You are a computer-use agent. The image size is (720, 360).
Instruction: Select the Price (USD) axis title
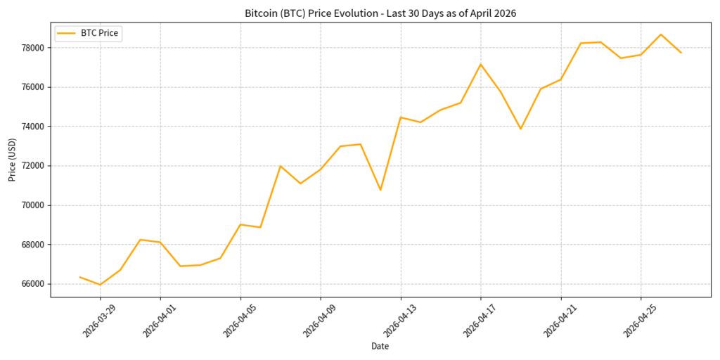12,160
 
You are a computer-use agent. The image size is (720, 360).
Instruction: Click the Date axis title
380,346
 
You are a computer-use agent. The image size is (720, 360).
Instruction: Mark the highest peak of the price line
661,34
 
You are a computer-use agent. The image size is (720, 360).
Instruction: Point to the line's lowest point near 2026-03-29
100,285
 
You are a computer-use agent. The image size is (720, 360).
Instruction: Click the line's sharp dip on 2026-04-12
380,190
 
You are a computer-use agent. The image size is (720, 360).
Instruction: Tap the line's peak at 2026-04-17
481,65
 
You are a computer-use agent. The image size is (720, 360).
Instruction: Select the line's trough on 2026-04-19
520,129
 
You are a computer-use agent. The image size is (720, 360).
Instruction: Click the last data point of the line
681,53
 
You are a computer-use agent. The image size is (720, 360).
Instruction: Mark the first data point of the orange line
80,277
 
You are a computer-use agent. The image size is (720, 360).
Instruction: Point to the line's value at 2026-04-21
560,79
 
